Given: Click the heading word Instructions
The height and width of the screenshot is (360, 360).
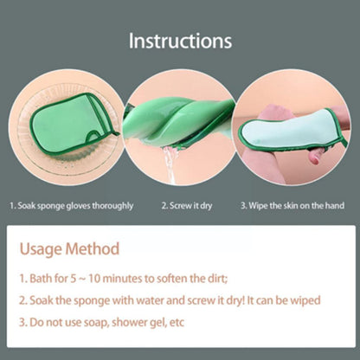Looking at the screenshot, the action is tap(180, 41).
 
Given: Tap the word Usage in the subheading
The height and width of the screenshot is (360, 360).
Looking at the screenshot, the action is tap(40, 249).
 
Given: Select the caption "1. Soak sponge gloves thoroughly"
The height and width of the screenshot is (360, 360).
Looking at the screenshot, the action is tap(71, 206).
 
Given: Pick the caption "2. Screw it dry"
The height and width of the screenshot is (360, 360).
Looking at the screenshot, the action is tap(187, 206).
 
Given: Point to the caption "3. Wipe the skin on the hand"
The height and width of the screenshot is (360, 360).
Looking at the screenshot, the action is tap(292, 206).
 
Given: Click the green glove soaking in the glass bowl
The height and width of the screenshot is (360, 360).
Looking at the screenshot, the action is tap(74, 124).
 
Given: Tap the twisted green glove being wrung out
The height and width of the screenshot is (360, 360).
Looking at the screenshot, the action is tap(177, 123).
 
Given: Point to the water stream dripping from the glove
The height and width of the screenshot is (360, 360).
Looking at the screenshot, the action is tap(170, 165).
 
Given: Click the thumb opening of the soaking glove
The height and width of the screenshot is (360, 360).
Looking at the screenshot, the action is tap(97, 136).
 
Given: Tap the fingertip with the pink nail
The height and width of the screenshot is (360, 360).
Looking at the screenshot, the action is tap(314, 158).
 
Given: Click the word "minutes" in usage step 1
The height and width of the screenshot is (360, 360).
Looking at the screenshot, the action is tap(122, 279).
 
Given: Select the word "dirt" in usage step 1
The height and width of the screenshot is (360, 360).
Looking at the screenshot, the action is tap(217, 279).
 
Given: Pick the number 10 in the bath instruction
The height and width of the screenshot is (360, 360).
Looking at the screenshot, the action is tap(94, 279).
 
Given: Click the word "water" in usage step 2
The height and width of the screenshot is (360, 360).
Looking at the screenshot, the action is tap(150, 300).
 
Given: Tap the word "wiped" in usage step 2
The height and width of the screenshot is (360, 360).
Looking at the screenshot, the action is tap(305, 300).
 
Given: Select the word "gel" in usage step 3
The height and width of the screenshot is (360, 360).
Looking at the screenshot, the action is tap(158, 323).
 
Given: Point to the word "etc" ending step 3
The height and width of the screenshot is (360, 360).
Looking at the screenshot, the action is tap(177, 323).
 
